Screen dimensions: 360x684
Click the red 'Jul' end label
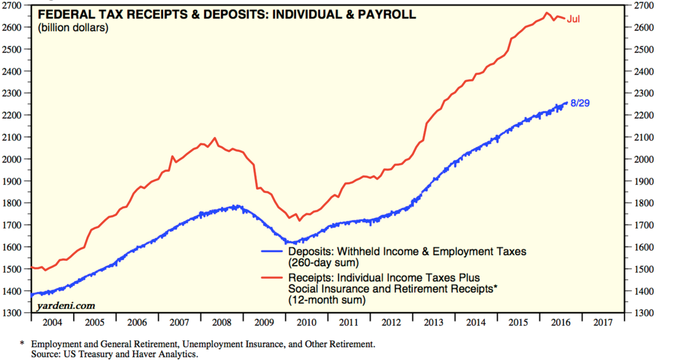tap(574, 19)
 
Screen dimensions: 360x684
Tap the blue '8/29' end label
tap(580, 103)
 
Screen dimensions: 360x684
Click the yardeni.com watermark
tap(66, 305)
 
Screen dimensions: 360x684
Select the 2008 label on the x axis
tap(222, 322)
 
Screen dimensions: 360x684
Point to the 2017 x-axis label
tap(603, 322)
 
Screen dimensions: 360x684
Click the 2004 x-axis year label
tap(52, 322)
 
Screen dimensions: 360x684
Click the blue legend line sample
tap(273, 252)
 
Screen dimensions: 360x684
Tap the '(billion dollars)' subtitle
tap(73, 27)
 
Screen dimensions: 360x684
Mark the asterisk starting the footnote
tap(22, 344)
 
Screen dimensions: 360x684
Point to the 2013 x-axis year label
tap(434, 322)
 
